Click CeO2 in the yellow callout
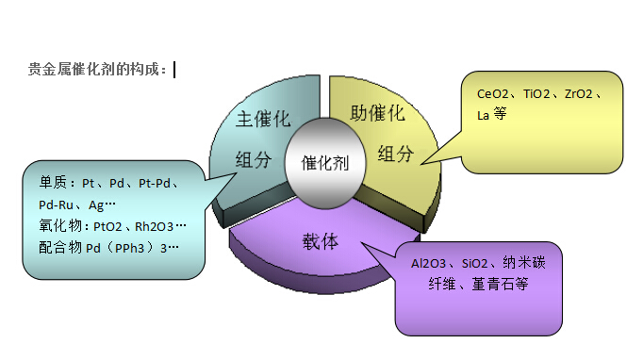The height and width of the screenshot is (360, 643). click(x=494, y=94)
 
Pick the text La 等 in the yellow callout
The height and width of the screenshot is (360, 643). click(x=491, y=113)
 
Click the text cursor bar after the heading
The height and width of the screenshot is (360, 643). click(x=174, y=69)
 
